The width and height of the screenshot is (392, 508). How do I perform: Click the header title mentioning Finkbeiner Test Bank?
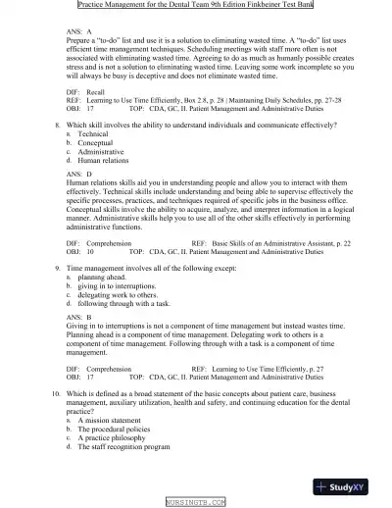(x=196, y=6)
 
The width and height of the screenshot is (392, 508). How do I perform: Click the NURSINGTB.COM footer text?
(x=196, y=502)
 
